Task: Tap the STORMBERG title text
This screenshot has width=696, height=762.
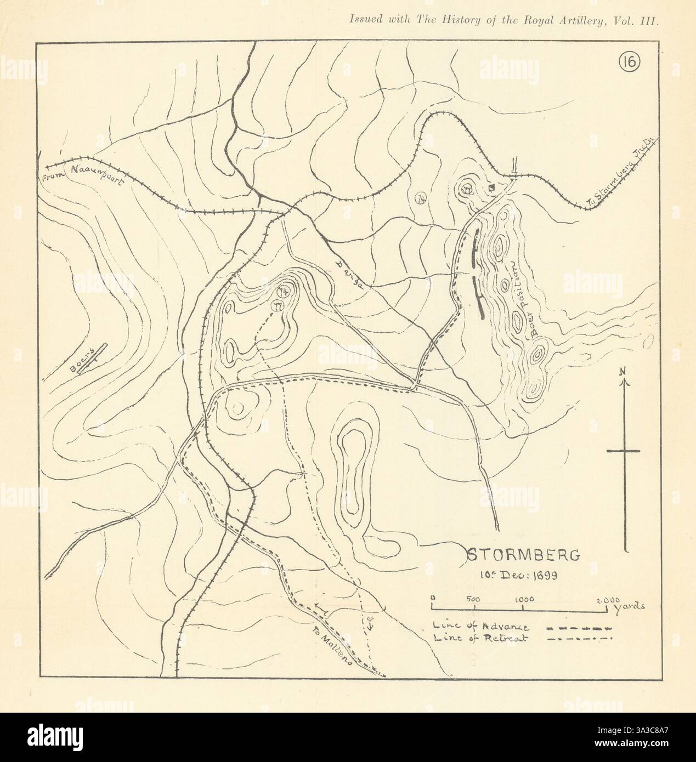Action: tap(523, 555)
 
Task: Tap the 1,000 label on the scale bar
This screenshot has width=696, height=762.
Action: tap(525, 599)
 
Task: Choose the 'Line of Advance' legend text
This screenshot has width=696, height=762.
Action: tap(480, 627)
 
